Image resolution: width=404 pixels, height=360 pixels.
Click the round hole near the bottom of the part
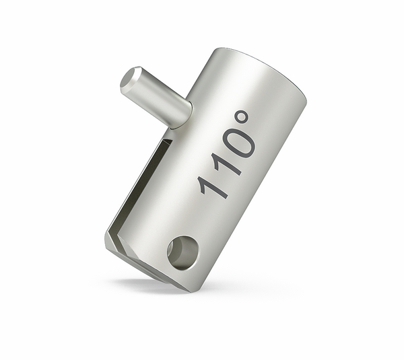pos(182,252)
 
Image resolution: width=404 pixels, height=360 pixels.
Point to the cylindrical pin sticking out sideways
pos(155,96)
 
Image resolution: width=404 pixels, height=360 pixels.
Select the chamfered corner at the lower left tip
pos(110,242)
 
